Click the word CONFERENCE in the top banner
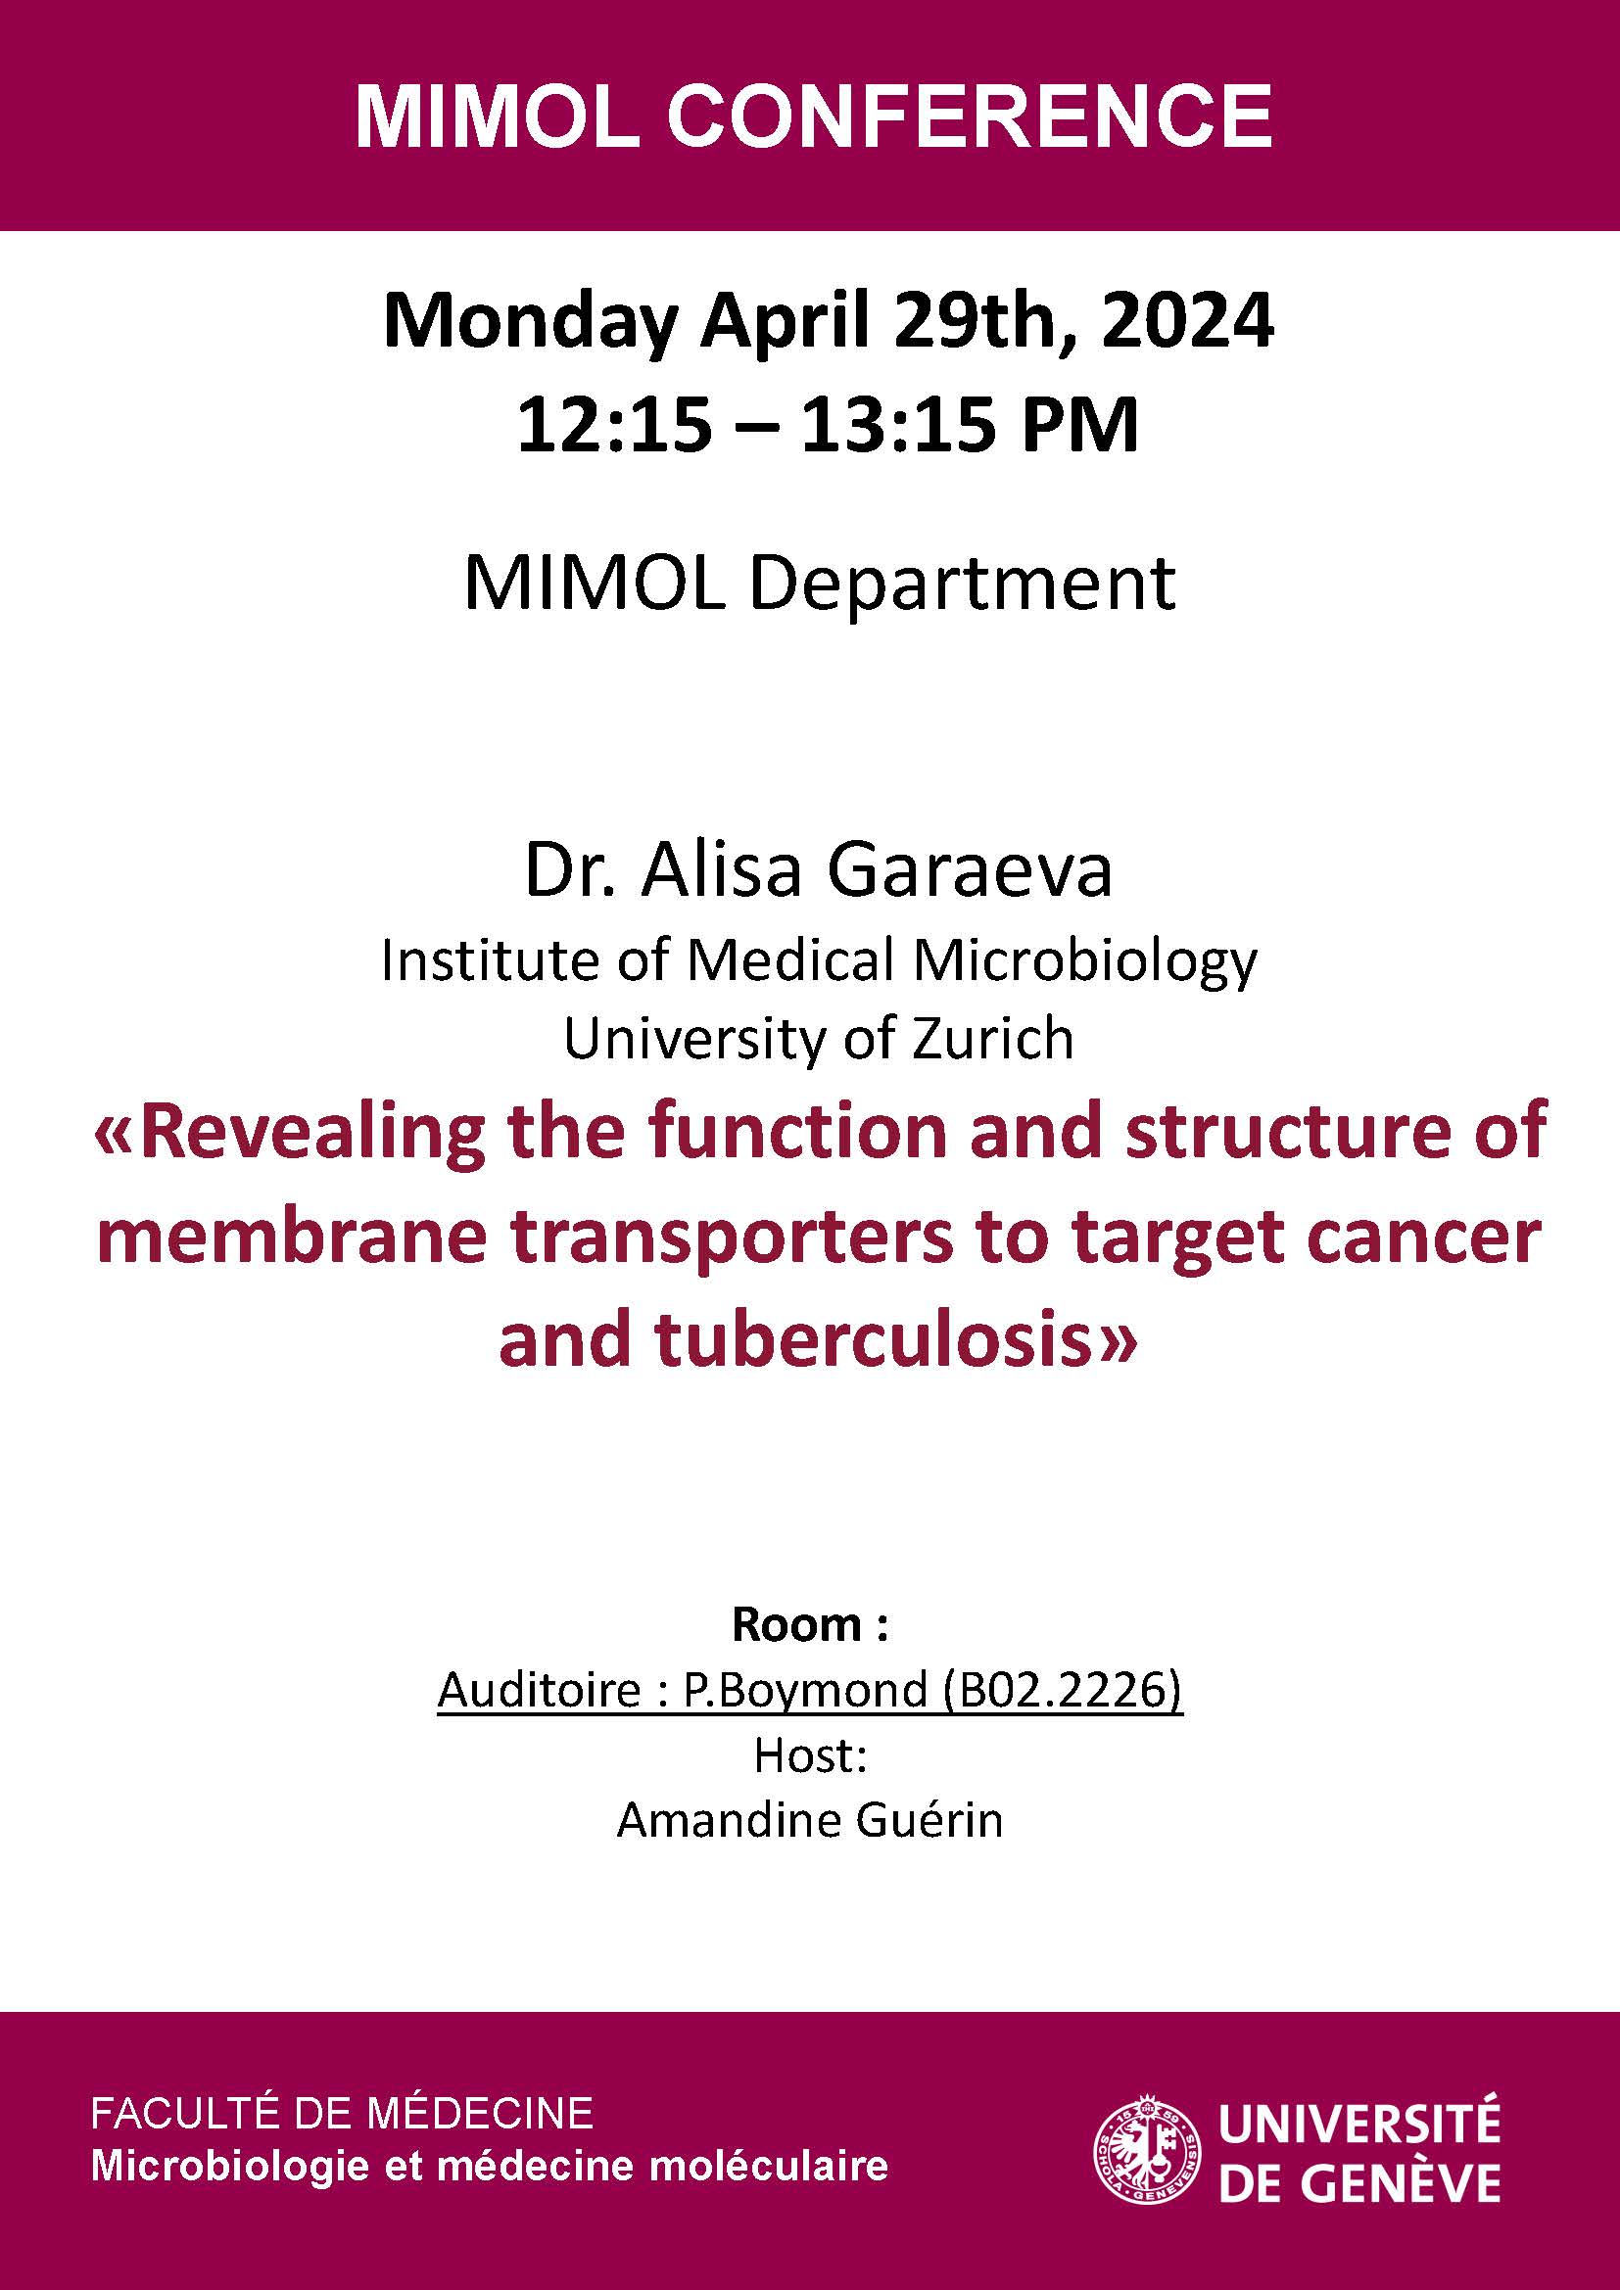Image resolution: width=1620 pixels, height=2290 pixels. [969, 116]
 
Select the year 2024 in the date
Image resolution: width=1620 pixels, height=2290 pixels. [1187, 321]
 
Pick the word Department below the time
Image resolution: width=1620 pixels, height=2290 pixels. [962, 584]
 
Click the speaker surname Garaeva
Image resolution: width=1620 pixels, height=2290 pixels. [970, 868]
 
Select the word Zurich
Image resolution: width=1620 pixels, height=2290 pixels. [992, 1040]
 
